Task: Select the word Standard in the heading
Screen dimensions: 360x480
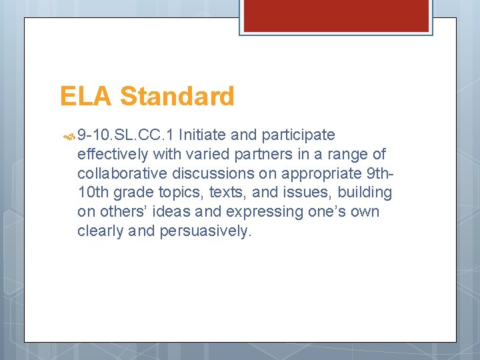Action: coord(177,97)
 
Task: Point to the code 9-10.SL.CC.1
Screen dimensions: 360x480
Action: coord(126,135)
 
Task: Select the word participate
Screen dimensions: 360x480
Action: coord(298,136)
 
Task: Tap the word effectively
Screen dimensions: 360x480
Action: coord(112,155)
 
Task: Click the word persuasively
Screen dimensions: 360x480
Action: coord(204,232)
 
